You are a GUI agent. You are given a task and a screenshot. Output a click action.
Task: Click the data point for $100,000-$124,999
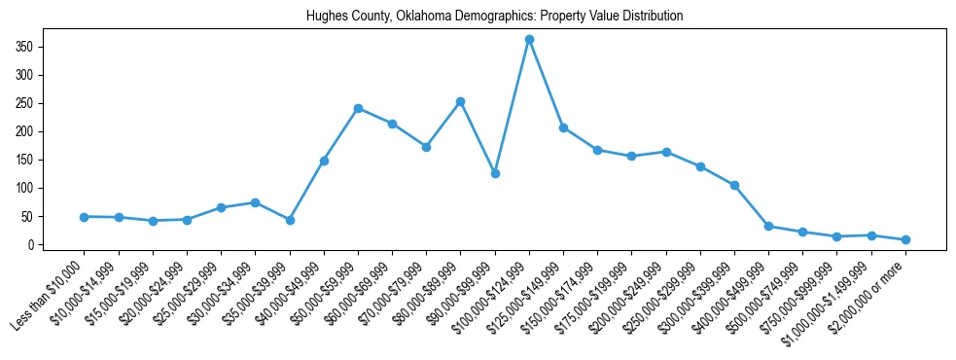(529, 40)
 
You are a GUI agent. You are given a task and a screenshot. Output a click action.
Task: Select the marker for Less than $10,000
(85, 217)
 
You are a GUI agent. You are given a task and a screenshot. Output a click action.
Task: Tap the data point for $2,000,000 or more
(905, 239)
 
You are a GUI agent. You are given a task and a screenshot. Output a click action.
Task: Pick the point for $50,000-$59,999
(358, 109)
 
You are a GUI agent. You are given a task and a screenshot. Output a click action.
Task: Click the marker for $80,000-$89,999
(460, 102)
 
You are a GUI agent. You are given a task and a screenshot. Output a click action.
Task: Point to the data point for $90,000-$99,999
(495, 173)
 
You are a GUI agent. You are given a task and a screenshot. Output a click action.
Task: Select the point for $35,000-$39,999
(290, 220)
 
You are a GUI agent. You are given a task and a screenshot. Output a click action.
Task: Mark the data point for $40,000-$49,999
(324, 161)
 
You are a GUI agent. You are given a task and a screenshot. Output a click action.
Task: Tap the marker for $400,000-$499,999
(768, 226)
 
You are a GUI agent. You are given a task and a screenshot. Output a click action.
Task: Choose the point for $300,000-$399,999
(734, 185)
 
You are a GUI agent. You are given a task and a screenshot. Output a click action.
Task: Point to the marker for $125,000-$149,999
(563, 128)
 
